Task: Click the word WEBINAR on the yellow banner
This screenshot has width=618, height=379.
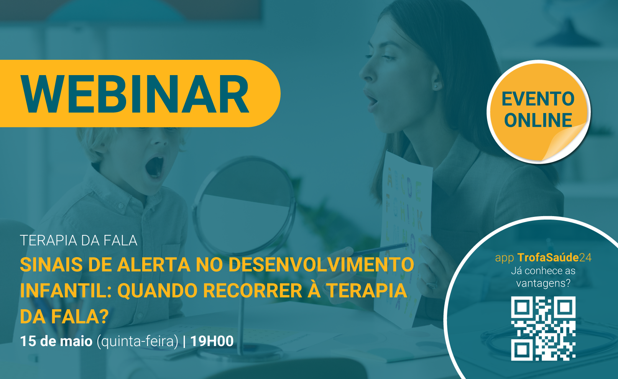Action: coord(135,94)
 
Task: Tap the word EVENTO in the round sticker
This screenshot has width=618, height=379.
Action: coord(538,99)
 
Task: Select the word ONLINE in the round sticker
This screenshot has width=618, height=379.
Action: coord(538,120)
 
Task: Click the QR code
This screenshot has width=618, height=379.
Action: coord(543,328)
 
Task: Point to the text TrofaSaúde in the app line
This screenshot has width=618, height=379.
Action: coord(547,258)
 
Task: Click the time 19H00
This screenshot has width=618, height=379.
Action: coord(212,341)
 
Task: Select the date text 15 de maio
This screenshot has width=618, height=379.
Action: coord(56,341)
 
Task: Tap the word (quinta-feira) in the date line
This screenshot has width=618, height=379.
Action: coord(138,341)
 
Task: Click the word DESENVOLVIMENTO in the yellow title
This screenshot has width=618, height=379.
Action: coord(321,264)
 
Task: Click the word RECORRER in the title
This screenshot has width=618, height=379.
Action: coord(253,290)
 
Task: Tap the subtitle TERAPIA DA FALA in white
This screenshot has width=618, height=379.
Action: coord(79,240)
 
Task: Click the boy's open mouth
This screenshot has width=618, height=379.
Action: coord(155,167)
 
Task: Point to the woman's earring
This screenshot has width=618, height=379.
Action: coord(436,87)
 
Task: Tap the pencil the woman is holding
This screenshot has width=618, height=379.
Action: coord(380,249)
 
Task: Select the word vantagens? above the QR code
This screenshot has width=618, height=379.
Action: coord(543,284)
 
